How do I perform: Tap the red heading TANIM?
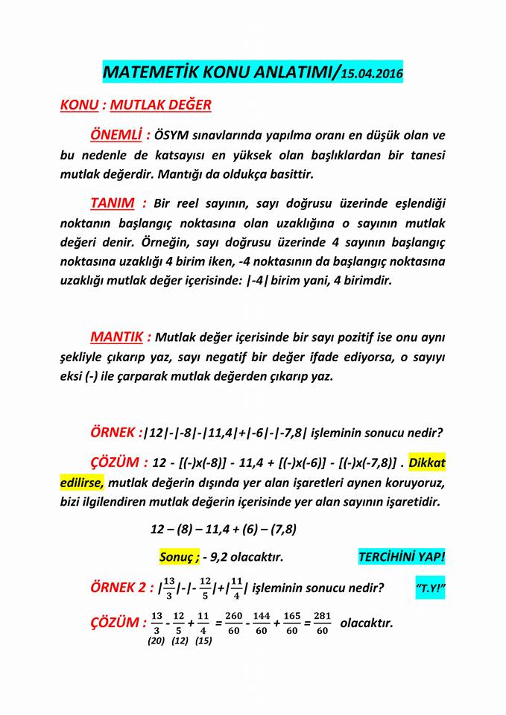(x=113, y=203)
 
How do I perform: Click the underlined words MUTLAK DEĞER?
(x=160, y=105)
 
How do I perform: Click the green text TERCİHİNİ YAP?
(x=402, y=557)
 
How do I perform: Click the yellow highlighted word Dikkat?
(x=427, y=463)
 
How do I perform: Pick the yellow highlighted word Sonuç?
(x=177, y=557)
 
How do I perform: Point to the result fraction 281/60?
(x=322, y=623)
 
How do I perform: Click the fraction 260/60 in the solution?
(x=233, y=623)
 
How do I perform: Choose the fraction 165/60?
(x=292, y=623)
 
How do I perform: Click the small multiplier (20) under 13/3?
(x=156, y=641)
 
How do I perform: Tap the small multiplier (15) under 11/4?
(x=203, y=641)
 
